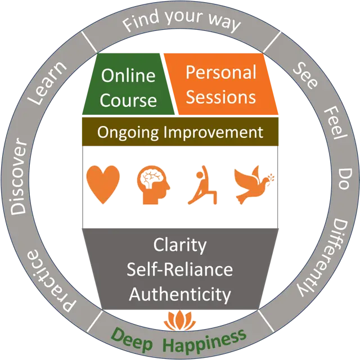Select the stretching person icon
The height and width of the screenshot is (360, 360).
[x=200, y=184]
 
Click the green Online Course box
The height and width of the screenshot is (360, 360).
[x=128, y=87]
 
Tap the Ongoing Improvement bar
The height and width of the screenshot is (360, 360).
[x=180, y=133]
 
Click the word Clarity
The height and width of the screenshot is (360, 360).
[x=180, y=246]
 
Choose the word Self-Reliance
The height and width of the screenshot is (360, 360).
[x=180, y=269]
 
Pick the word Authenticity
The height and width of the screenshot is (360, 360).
[x=180, y=294]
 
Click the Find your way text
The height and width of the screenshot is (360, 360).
[x=182, y=23]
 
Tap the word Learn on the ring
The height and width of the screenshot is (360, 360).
[x=49, y=84]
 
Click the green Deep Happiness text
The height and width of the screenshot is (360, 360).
[x=179, y=339]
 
